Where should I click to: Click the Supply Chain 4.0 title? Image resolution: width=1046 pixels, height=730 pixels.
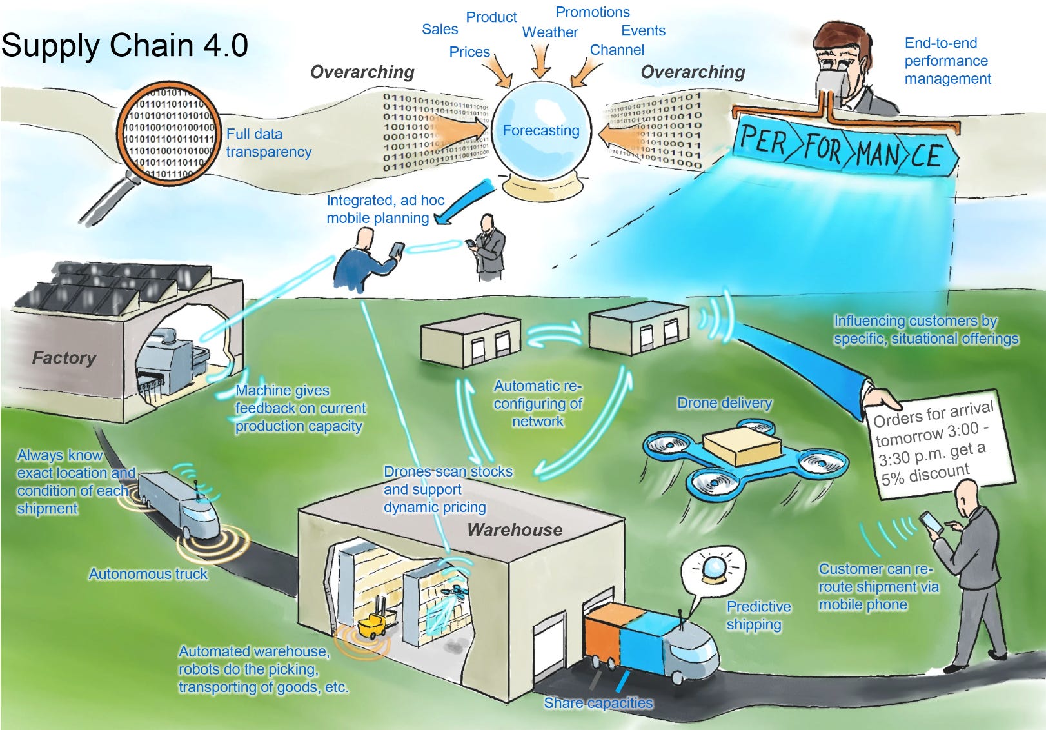(x=124, y=45)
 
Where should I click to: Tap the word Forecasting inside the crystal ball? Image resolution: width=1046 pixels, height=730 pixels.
(x=540, y=131)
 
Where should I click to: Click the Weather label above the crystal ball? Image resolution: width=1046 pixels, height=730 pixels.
(x=549, y=32)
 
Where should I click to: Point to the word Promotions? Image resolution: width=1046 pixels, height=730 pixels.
(x=592, y=12)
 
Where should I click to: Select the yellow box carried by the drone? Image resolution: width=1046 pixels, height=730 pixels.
(x=742, y=446)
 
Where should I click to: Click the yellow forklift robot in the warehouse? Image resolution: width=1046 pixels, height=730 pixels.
(x=373, y=624)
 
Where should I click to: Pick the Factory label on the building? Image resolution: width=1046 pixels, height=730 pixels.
(x=64, y=358)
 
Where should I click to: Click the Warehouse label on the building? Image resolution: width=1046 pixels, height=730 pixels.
(x=515, y=530)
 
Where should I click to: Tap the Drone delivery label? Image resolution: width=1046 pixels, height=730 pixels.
(x=724, y=403)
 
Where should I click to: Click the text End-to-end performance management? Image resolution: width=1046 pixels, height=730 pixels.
(x=947, y=61)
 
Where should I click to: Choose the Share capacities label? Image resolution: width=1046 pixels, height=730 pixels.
(x=598, y=703)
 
